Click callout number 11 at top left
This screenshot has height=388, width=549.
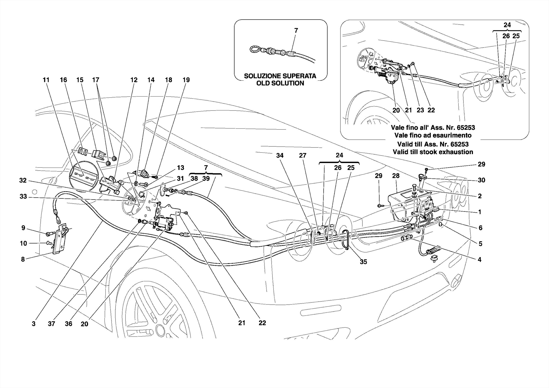pyautogui.click(x=46, y=80)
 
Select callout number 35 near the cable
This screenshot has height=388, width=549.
pyautogui.click(x=363, y=262)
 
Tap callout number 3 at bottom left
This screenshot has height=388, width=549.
pyautogui.click(x=34, y=324)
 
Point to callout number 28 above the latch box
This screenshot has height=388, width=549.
pyautogui.click(x=396, y=176)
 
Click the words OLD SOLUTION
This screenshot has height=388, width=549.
pyautogui.click(x=280, y=83)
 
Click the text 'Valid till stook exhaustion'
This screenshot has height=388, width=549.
pyautogui.click(x=433, y=152)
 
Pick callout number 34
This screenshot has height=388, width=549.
pyautogui.click(x=280, y=156)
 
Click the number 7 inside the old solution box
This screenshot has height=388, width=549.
pyautogui.click(x=296, y=31)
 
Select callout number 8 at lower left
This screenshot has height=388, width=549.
pyautogui.click(x=23, y=259)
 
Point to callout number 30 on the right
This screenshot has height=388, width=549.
pyautogui.click(x=481, y=180)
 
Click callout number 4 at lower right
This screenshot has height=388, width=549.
pyautogui.click(x=479, y=259)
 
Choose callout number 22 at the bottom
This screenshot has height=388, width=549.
pyautogui.click(x=262, y=323)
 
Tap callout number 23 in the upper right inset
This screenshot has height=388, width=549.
pyautogui.click(x=420, y=110)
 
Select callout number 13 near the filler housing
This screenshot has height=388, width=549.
pyautogui.click(x=180, y=168)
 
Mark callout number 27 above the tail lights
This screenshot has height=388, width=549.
pyautogui.click(x=303, y=156)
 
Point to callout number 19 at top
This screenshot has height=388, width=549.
pyautogui.click(x=186, y=80)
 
